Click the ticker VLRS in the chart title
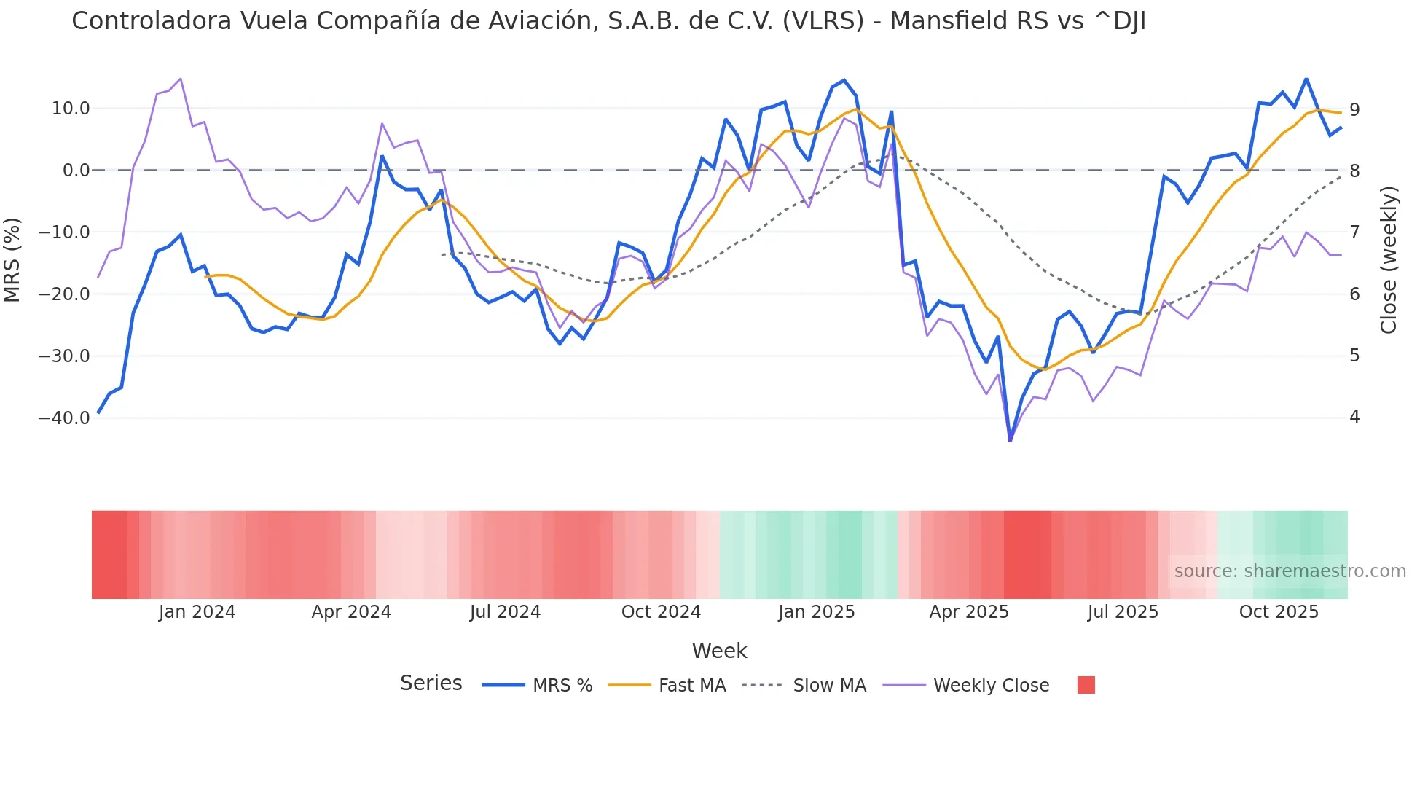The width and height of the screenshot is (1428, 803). [x=823, y=21]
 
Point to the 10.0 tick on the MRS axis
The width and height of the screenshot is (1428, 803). [x=71, y=109]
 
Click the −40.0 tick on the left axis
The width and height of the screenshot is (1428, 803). [x=64, y=418]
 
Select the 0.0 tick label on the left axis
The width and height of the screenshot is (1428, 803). [x=76, y=171]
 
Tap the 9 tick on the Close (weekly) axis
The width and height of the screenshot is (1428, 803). [x=1354, y=109]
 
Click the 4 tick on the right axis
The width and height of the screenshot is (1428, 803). [x=1354, y=417]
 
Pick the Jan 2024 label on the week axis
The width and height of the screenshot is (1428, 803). [x=197, y=612]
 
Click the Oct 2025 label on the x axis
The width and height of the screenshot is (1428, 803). [x=1279, y=612]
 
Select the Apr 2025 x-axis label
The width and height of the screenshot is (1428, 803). [x=969, y=612]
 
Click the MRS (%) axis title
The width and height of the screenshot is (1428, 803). [x=12, y=260]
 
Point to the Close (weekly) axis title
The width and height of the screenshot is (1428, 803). [x=1389, y=260]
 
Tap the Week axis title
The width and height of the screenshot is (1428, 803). [x=719, y=651]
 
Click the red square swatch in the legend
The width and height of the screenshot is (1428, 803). [x=1086, y=685]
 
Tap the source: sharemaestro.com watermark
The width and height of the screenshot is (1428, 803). [x=1290, y=571]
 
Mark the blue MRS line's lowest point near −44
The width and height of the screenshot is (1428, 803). [x=1010, y=440]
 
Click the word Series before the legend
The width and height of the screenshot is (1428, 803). [x=431, y=683]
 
